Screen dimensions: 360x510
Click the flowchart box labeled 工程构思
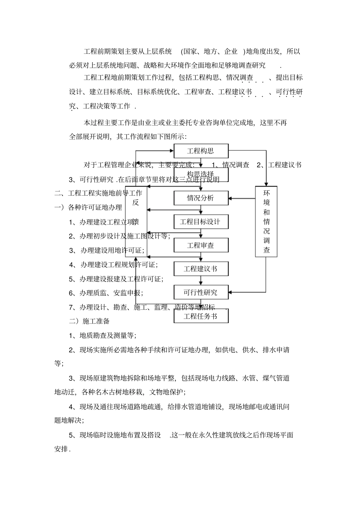tap(201, 151)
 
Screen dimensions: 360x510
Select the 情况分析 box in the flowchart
tap(201, 198)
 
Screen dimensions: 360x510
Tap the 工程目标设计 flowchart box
tap(201, 222)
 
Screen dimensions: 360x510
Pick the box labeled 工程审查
tap(201, 245)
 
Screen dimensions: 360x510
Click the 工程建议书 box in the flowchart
tap(201, 269)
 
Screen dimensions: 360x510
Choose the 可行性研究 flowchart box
tap(201, 292)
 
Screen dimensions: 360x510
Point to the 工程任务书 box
tap(201, 316)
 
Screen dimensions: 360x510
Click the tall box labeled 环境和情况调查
tap(266, 221)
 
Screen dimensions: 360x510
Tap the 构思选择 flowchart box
tap(201, 174)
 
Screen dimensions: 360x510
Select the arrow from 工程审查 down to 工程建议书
tap(201, 257)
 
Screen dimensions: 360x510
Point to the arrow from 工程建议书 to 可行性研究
tap(201, 281)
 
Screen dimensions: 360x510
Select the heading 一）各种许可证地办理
tap(89, 207)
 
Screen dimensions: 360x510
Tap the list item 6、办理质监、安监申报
tap(106, 293)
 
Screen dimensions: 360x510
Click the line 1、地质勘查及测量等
tap(102, 336)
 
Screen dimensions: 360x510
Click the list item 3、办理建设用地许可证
tap(106, 250)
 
